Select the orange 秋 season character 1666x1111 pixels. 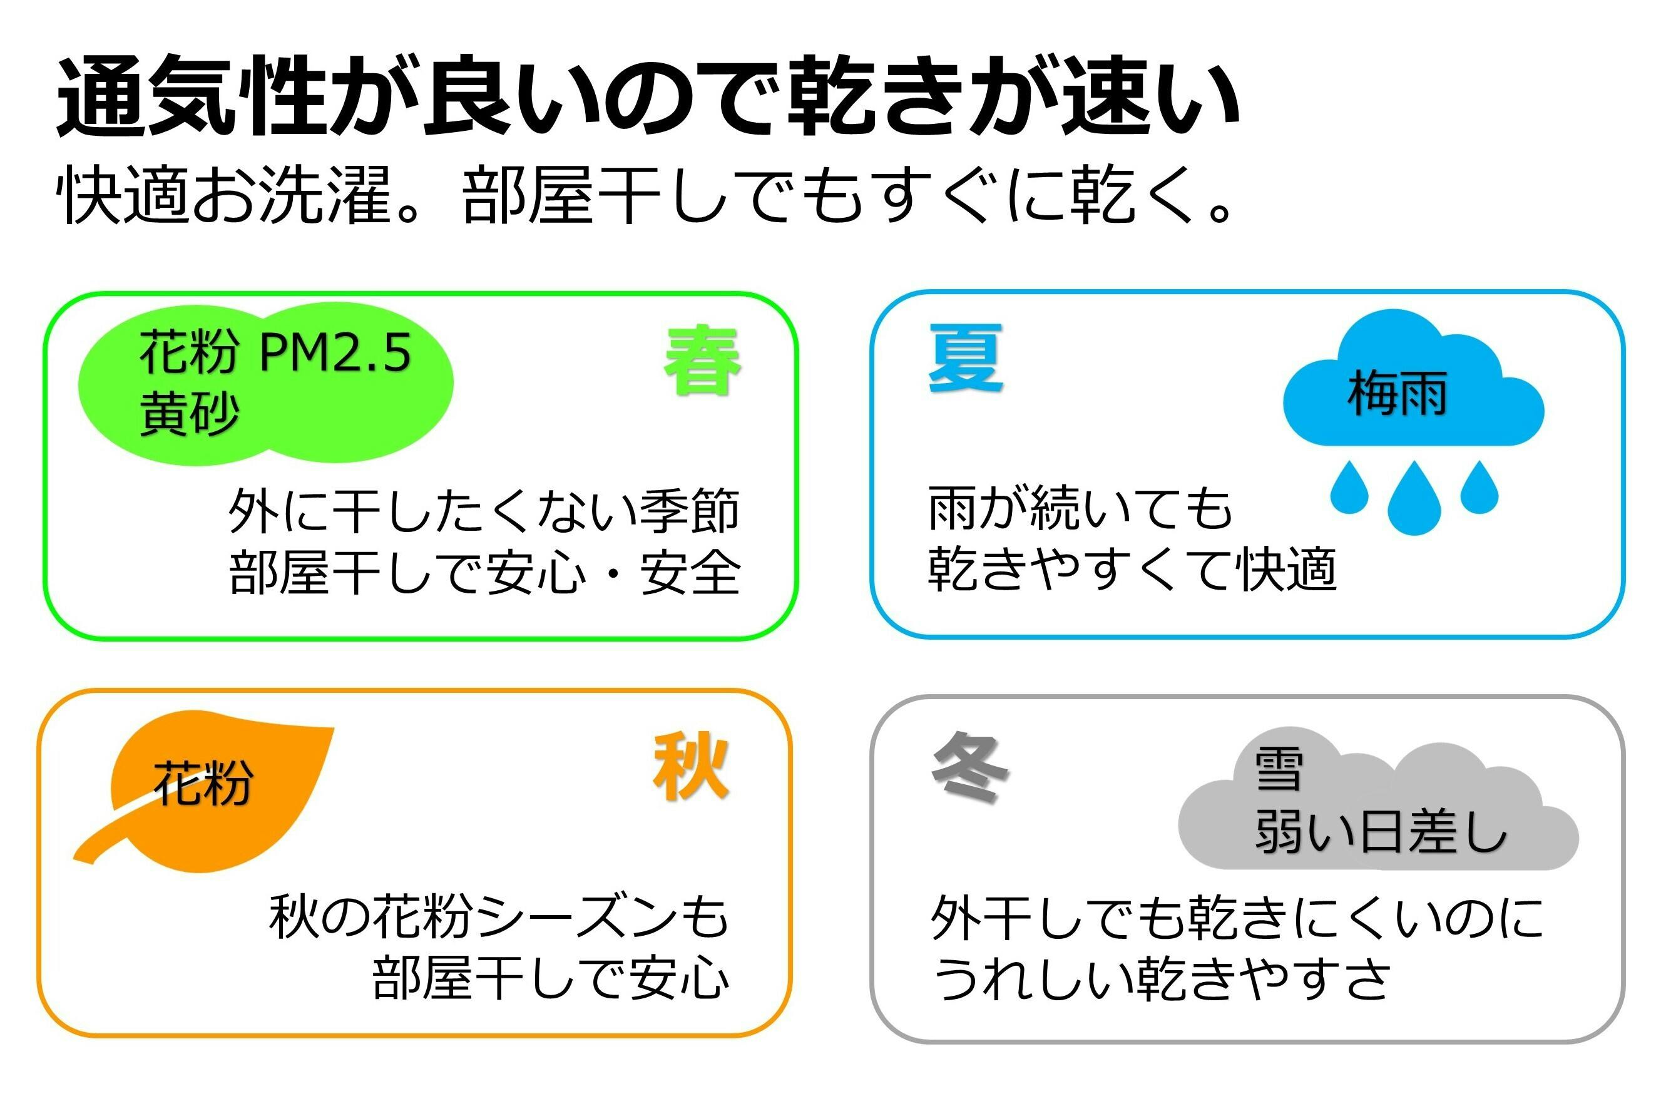(x=691, y=767)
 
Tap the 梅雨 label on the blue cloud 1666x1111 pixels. (x=1397, y=394)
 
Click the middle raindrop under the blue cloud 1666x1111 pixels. (x=1415, y=498)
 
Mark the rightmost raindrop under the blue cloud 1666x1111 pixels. (x=1479, y=487)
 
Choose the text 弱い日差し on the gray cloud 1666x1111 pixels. (x=1381, y=831)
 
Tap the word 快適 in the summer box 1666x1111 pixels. (x=1285, y=569)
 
